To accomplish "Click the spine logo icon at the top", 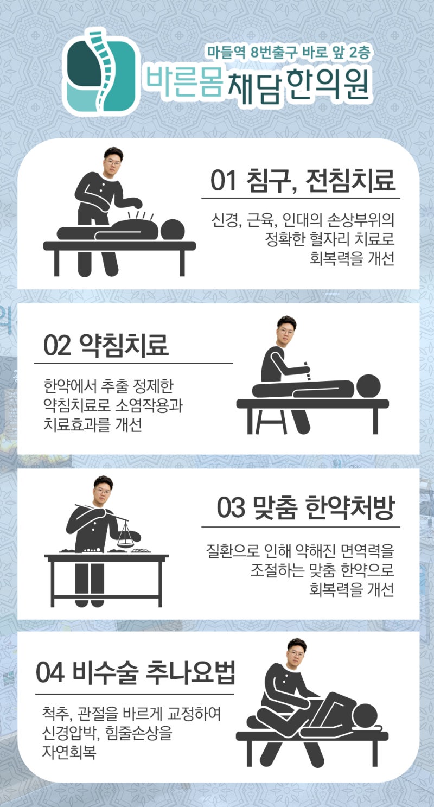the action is (101, 72).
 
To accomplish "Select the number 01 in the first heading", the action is (224, 180).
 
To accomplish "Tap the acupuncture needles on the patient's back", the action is (141, 216).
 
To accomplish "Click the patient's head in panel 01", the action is (173, 230).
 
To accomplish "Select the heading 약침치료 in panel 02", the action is (124, 345).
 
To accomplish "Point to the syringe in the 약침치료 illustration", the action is (307, 371).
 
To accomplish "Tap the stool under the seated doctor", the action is (271, 420).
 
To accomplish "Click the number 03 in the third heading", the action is (231, 507).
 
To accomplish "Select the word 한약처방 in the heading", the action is (350, 507).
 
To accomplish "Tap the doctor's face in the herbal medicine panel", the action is (103, 491).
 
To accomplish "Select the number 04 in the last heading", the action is (50, 672).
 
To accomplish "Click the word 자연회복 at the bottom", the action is (69, 752).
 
